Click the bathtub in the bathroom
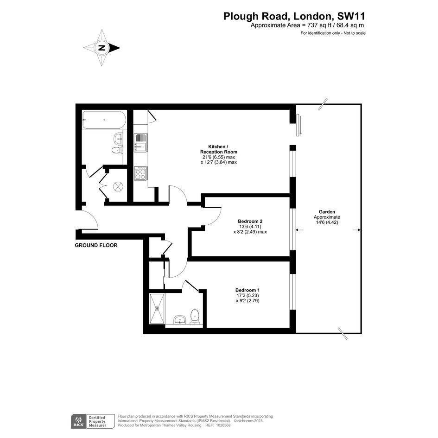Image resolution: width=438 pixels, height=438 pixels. point(104,120)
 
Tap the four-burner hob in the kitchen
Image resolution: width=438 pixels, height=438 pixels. point(140,173)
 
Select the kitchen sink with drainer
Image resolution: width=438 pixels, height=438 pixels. point(140,143)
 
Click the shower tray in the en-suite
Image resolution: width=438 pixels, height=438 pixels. point(157,309)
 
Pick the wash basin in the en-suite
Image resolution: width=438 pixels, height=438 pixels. point(180,319)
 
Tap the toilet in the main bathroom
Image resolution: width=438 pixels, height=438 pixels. point(117,151)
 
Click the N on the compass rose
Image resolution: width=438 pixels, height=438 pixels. point(102,48)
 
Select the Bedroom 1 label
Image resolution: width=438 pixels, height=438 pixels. point(247,290)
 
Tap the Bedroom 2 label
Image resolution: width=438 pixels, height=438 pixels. point(250,221)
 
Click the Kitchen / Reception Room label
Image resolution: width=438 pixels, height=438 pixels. point(219,149)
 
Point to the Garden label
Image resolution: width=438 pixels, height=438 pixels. point(327,212)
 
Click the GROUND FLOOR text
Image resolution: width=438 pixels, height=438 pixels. point(96,245)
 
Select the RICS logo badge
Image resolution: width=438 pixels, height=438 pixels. point(78,421)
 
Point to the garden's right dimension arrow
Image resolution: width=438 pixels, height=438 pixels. point(357,230)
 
